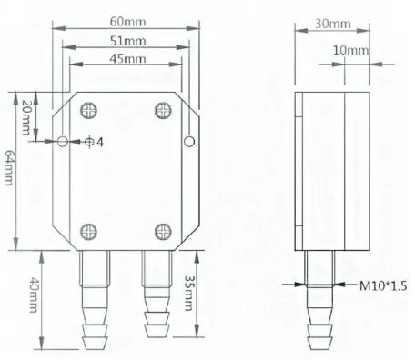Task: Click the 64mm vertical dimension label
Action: point(8,169)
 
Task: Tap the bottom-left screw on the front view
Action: point(88,232)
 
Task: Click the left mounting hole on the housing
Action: point(61,142)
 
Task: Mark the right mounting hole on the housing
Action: point(189,142)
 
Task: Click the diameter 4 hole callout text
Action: point(94,143)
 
